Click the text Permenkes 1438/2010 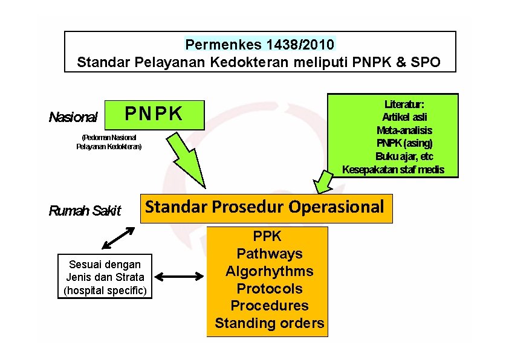[259, 45]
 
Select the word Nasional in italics [73, 117]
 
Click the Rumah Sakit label [85, 211]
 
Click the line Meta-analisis [404, 130]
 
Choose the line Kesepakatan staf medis [393, 170]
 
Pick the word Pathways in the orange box [269, 254]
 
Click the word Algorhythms [269, 271]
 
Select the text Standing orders [269, 323]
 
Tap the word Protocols [269, 288]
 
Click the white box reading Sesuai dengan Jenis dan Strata [105, 277]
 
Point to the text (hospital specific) [105, 291]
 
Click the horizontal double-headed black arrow [180, 277]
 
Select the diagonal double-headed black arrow [118, 237]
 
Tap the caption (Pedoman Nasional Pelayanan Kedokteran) [109, 142]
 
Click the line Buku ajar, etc [404, 156]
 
